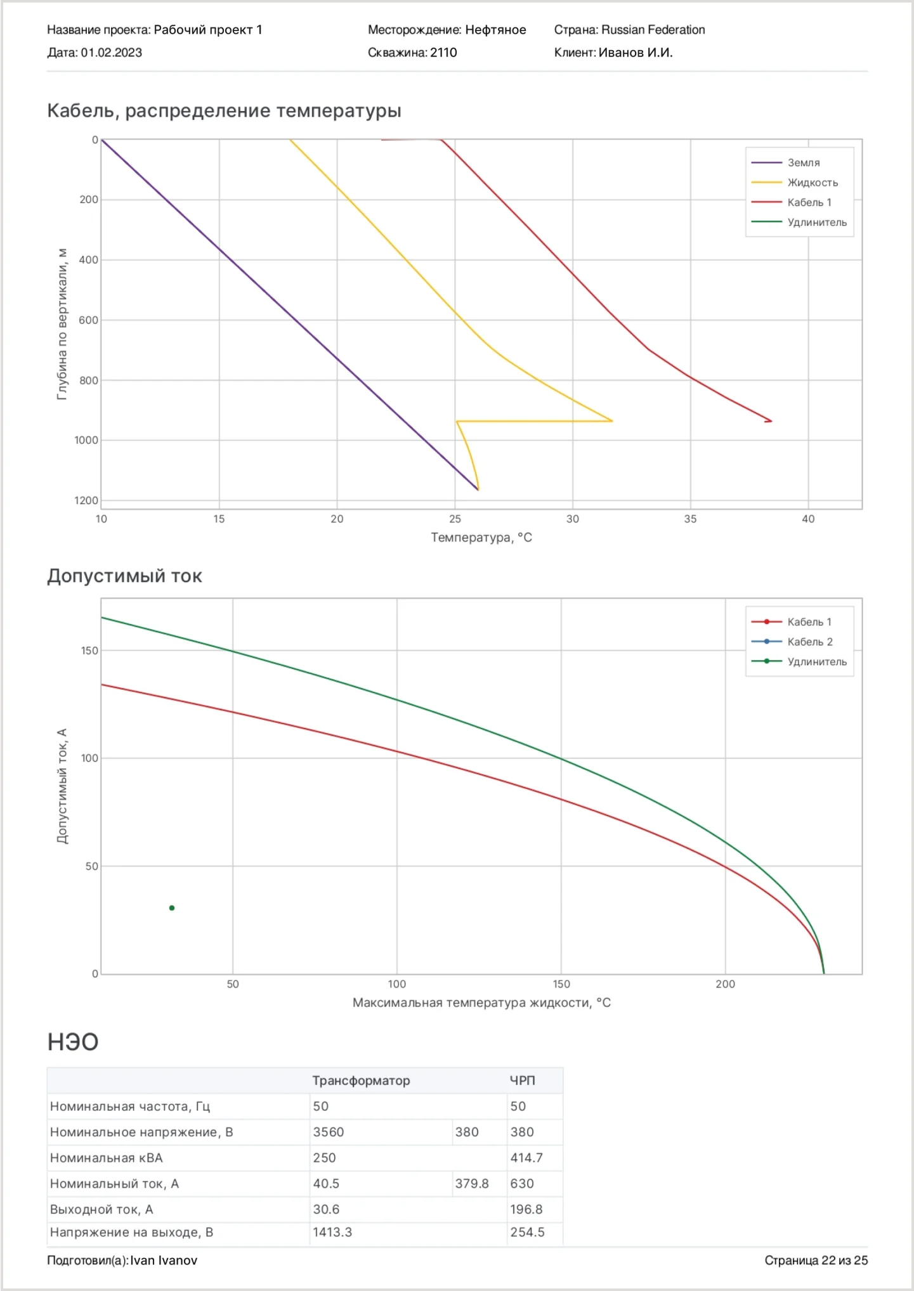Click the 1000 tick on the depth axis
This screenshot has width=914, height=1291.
pos(86,440)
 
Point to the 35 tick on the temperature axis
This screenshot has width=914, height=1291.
pos(690,519)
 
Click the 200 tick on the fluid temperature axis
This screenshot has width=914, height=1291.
pos(725,984)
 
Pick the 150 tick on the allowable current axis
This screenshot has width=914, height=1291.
pos(89,651)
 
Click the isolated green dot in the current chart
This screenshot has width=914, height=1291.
pos(172,908)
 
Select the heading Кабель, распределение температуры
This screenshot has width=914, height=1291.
pos(224,111)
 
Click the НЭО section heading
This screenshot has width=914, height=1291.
pos(73,1042)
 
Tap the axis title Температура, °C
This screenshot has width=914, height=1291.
pos(481,538)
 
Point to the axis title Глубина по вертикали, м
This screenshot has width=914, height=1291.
pos(62,324)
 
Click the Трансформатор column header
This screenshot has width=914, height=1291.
pos(361,1080)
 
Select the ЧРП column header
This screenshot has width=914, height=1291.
pos(523,1080)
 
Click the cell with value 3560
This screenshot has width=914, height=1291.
pos(328,1132)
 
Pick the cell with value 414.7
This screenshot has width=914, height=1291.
pos(526,1158)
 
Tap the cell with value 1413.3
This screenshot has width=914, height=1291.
pos(332,1232)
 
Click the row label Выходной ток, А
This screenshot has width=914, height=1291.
pos(101,1209)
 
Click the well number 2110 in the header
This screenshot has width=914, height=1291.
pos(443,53)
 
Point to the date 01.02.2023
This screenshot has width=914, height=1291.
pos(111,53)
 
